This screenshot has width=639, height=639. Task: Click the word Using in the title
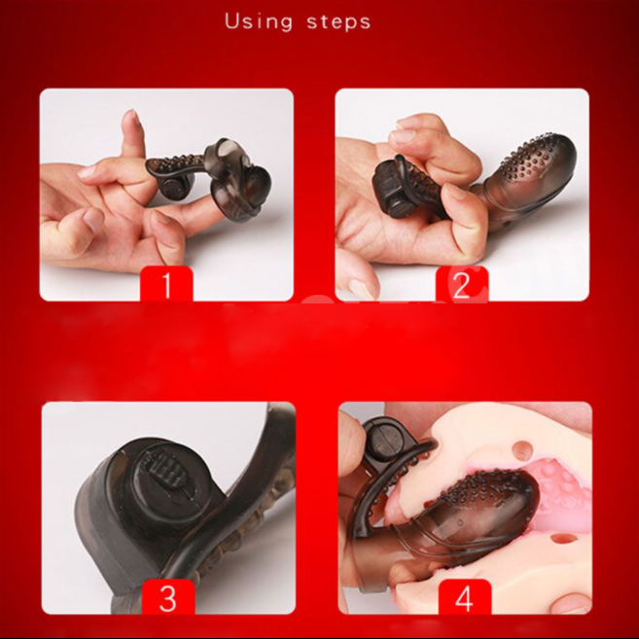click(x=258, y=20)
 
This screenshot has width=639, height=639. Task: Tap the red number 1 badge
click(x=166, y=284)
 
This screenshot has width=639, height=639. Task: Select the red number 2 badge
click(x=462, y=284)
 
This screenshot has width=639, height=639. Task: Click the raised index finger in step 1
click(x=130, y=146)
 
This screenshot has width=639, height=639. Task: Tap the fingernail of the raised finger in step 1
click(x=130, y=121)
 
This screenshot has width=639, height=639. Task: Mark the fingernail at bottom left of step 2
click(x=362, y=288)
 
